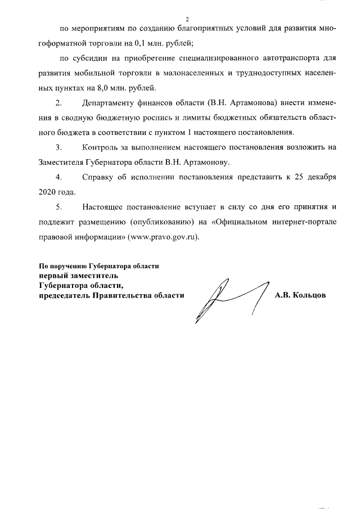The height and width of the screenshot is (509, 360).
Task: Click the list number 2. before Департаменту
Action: [58, 103]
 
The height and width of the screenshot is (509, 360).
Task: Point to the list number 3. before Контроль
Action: [58, 148]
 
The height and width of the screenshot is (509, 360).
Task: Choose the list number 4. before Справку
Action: [58, 178]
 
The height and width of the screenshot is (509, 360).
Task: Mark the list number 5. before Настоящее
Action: [58, 208]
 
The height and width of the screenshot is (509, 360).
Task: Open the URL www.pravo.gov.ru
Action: [164, 237]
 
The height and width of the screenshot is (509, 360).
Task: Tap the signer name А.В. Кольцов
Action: [300, 295]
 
